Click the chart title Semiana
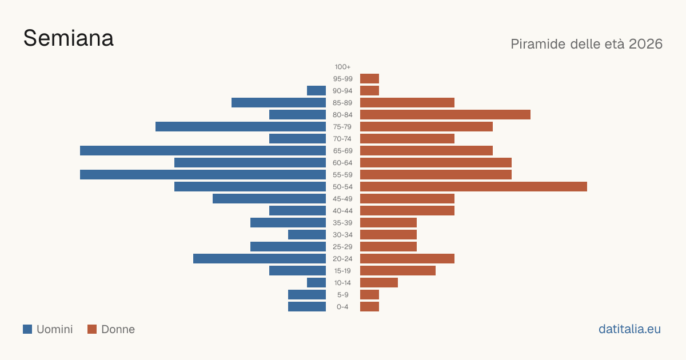(69, 38)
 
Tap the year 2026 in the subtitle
(645, 44)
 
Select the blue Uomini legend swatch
(27, 329)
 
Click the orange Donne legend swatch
(92, 329)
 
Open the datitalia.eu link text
(629, 329)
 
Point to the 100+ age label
(342, 67)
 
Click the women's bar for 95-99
(370, 79)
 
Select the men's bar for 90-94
(316, 91)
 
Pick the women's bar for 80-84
(445, 115)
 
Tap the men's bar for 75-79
(241, 127)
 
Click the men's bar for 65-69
(203, 151)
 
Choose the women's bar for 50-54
(473, 187)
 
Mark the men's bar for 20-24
(260, 259)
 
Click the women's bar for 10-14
(379, 282)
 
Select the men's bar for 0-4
(307, 307)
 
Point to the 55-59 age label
(342, 175)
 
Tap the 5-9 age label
(342, 295)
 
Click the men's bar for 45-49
(269, 199)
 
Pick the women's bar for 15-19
(398, 271)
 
